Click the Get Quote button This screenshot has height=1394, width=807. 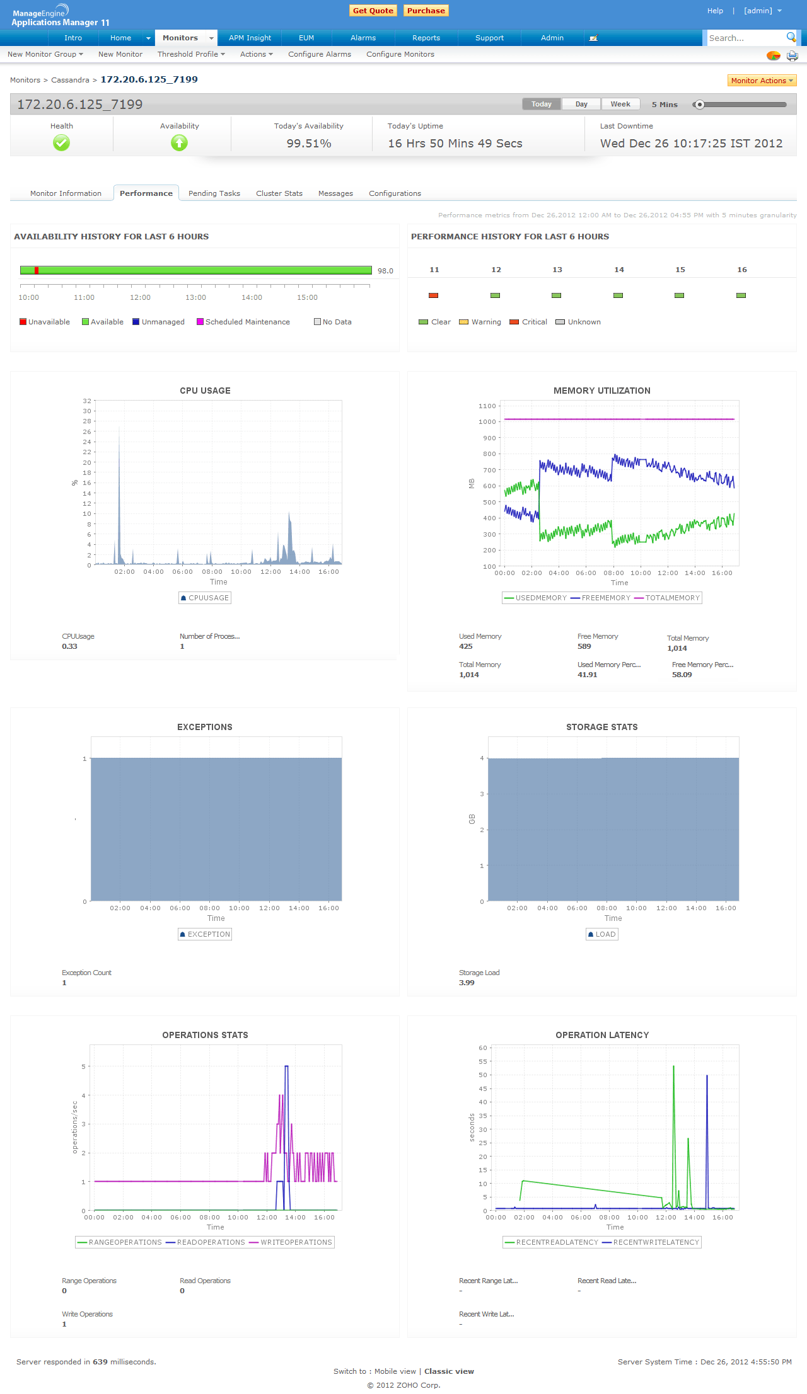[373, 11]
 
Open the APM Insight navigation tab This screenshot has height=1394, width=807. [250, 38]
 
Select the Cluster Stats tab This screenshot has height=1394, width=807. [279, 193]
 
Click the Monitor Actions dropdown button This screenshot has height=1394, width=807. [762, 81]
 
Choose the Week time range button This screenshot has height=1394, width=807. [620, 104]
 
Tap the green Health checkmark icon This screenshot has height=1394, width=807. [61, 143]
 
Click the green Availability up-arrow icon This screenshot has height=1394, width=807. [179, 143]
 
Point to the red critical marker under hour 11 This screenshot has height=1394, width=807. [433, 295]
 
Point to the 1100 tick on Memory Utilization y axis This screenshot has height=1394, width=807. [487, 406]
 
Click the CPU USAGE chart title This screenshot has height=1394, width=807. [205, 391]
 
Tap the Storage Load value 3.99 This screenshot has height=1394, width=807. [467, 983]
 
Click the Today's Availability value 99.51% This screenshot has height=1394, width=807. [309, 144]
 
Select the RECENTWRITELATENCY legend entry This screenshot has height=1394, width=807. [656, 1242]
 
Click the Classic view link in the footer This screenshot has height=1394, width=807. [449, 1371]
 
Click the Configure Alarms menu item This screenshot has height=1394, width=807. [320, 54]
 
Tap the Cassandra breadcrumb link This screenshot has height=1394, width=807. [70, 80]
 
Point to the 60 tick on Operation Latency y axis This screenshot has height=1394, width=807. [483, 1048]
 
